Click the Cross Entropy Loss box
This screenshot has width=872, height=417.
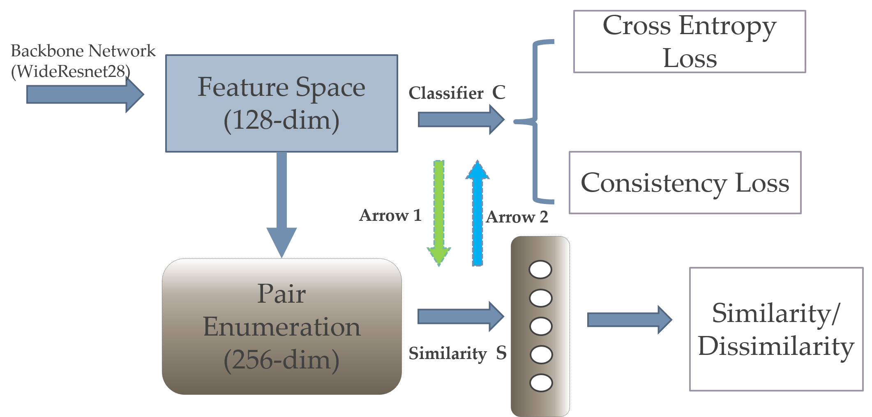[689, 42]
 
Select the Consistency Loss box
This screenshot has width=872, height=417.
[685, 183]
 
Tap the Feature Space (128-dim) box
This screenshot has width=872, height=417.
[281, 103]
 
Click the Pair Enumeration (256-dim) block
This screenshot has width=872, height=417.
[281, 327]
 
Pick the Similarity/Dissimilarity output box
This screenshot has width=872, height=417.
[776, 329]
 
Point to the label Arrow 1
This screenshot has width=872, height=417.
[390, 215]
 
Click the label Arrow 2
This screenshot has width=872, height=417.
[517, 217]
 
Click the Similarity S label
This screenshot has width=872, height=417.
[457, 353]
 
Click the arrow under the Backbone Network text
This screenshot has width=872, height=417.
[84, 95]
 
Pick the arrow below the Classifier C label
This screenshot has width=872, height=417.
[460, 120]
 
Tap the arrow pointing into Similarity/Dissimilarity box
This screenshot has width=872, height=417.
[629, 320]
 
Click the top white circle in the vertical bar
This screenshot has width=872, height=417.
[540, 270]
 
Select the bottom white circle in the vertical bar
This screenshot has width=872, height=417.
[541, 382]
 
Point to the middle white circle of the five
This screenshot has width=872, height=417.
[541, 326]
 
